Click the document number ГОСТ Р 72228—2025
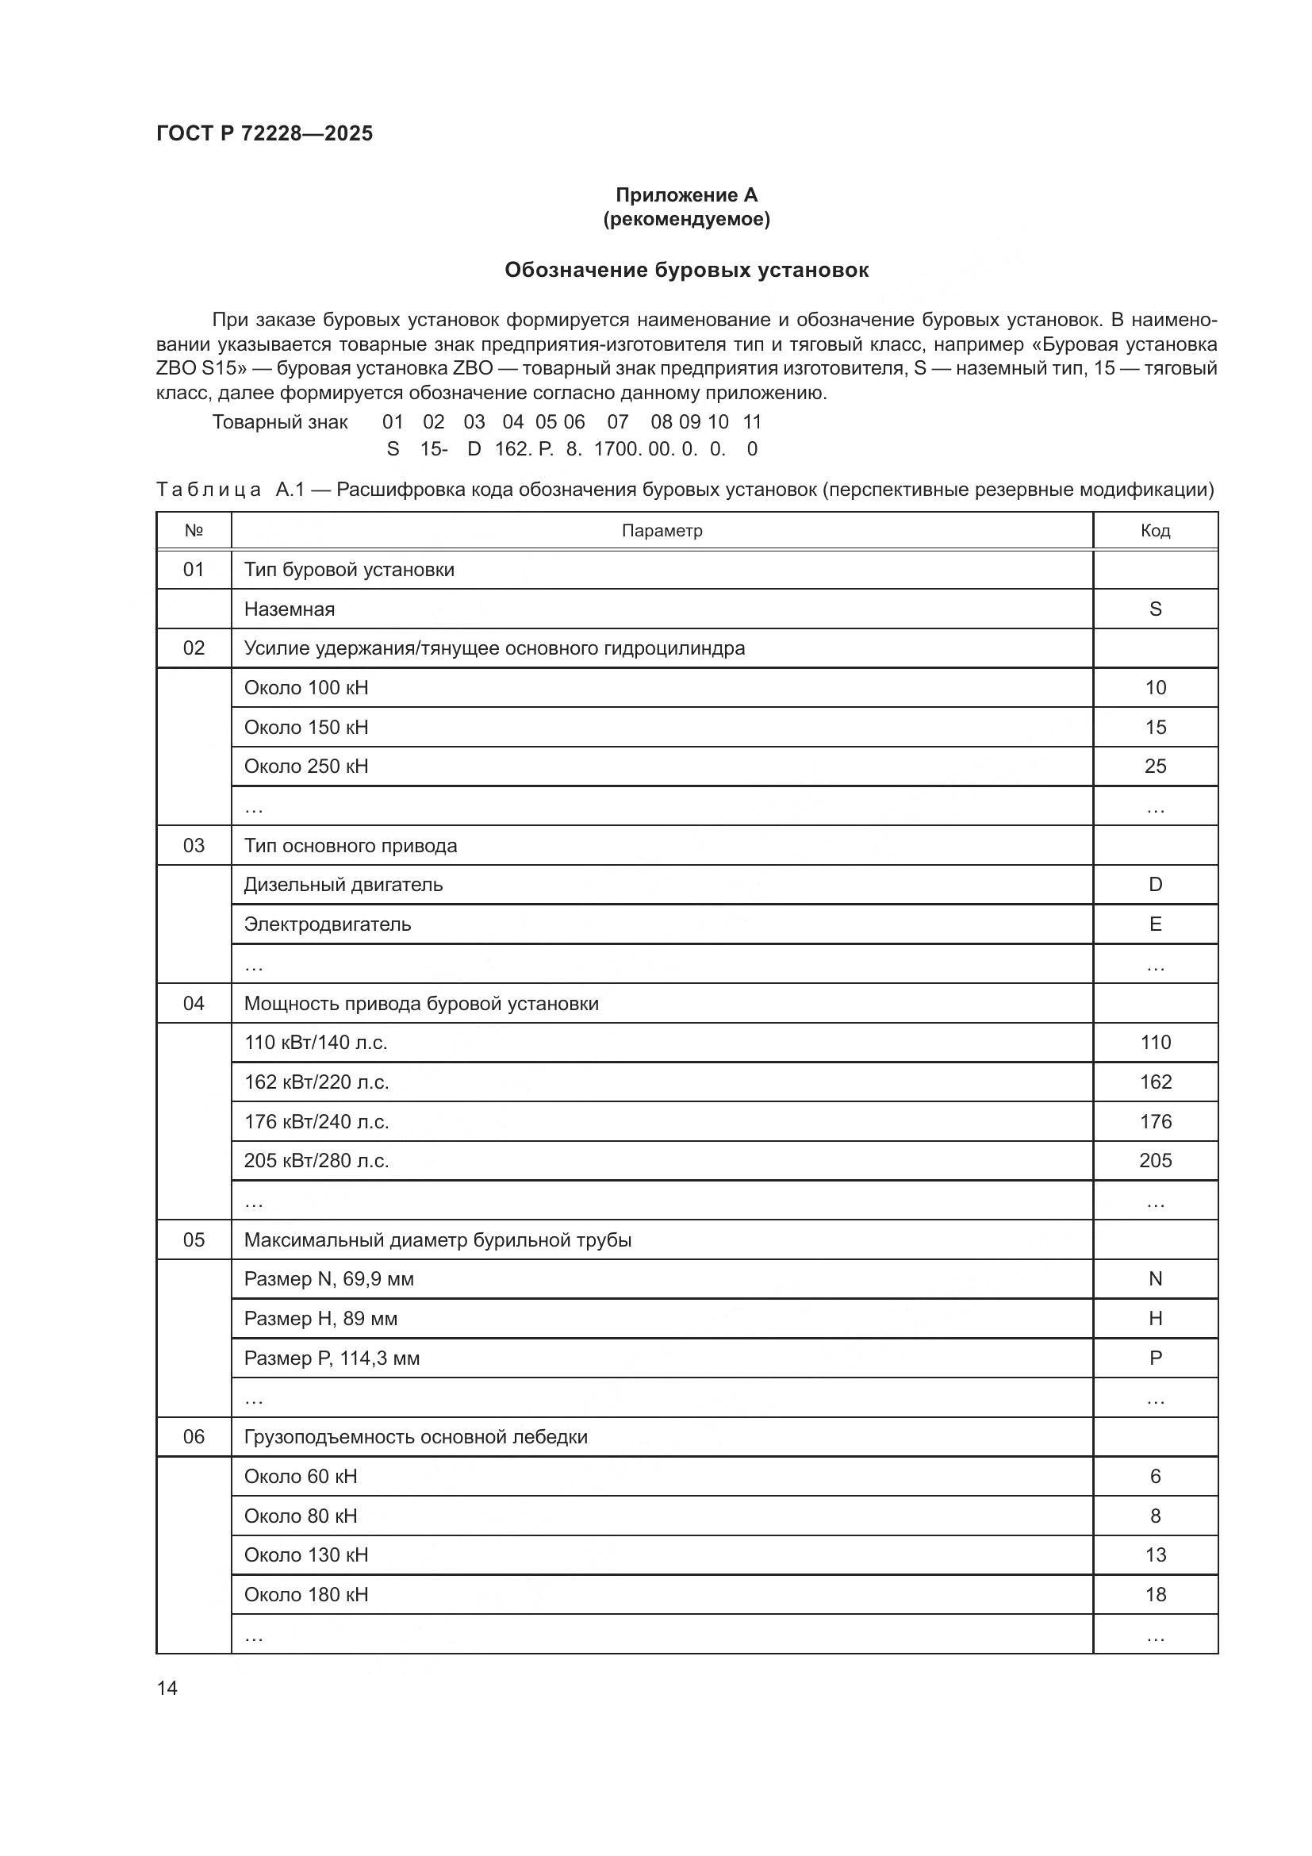click(264, 133)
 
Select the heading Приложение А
click(686, 195)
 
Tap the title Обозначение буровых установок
click(686, 270)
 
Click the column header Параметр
click(662, 530)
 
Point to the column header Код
click(1154, 530)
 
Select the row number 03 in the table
click(194, 846)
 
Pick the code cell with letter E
click(1154, 924)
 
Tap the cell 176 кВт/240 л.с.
click(316, 1121)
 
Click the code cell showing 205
click(1154, 1161)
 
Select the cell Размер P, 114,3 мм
click(332, 1358)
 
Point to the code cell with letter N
click(1154, 1279)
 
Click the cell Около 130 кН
click(306, 1554)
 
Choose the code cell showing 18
click(1154, 1594)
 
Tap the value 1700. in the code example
click(617, 449)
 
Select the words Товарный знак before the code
click(279, 422)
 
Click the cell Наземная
click(290, 609)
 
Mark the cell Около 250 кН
click(306, 767)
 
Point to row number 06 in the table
click(194, 1436)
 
